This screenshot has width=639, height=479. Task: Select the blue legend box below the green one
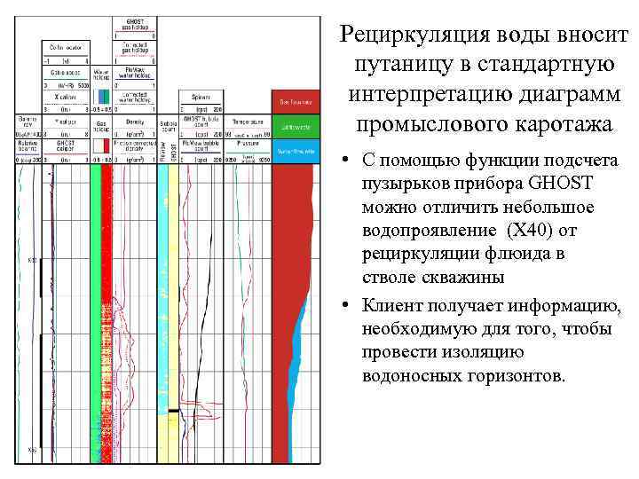(296, 150)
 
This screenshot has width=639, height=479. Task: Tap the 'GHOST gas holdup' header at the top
(135, 23)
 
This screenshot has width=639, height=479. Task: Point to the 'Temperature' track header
(247, 121)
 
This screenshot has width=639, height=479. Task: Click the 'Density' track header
(135, 121)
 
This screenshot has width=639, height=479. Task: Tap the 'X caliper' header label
(65, 96)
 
